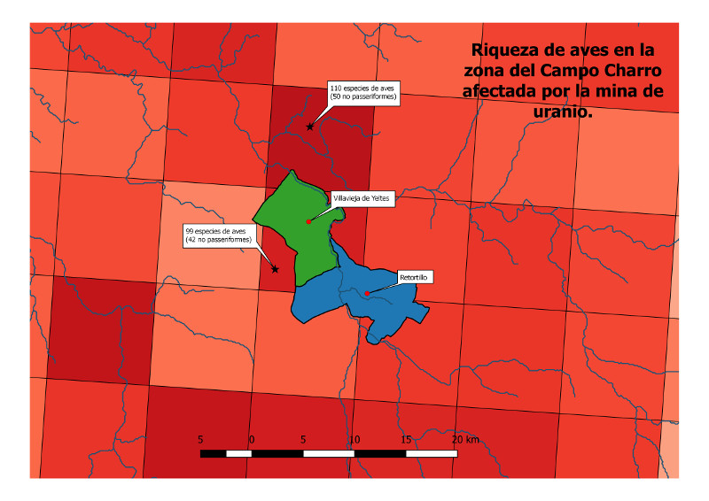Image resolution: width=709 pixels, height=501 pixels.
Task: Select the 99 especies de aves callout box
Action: tap(219, 235)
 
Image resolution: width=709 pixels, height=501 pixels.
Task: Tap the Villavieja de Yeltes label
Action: tap(361, 199)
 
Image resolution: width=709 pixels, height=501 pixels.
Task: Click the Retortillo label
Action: tap(414, 277)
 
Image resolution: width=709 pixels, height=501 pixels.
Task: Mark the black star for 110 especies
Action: tap(310, 127)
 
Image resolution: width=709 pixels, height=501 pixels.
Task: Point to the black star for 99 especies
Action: tap(275, 269)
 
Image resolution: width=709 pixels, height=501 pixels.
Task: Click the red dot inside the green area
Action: tap(308, 221)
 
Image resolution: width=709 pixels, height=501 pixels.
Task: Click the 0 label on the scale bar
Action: tap(252, 439)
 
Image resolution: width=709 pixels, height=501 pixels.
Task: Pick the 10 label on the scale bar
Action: tap(354, 439)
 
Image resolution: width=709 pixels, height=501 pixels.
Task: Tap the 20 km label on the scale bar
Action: tap(464, 439)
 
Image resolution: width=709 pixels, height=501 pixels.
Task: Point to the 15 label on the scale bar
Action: tap(406, 439)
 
